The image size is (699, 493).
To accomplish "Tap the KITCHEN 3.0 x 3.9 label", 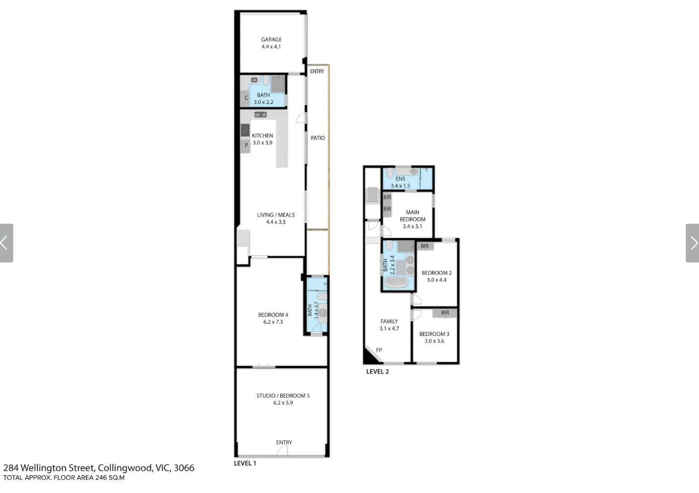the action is pyautogui.click(x=263, y=139).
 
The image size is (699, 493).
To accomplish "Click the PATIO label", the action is pyautogui.click(x=318, y=138).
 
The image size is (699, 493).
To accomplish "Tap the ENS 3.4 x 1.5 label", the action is pyautogui.click(x=400, y=182).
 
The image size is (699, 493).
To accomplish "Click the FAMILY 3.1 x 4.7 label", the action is pyautogui.click(x=389, y=325).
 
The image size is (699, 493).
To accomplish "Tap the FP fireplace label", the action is pyautogui.click(x=379, y=350).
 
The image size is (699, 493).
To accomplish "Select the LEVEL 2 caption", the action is pyautogui.click(x=378, y=371).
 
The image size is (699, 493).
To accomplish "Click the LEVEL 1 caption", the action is pyautogui.click(x=245, y=463).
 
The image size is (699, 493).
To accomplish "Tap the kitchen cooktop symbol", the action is pyautogui.click(x=245, y=130).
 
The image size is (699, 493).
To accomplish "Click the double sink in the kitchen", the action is pyautogui.click(x=261, y=115).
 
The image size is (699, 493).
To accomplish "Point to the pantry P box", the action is pyautogui.click(x=245, y=146).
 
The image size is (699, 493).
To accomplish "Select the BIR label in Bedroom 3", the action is pyautogui.click(x=445, y=313).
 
